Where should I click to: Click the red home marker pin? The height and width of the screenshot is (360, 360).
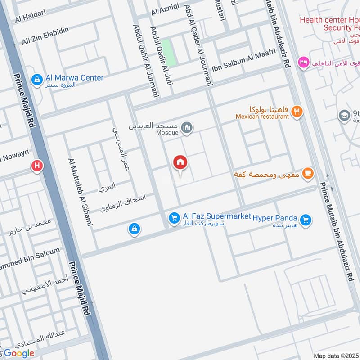pos(180,163)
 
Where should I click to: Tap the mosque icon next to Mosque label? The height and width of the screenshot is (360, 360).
pos(187,129)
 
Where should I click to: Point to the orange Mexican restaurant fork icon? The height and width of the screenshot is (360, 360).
pos(297,111)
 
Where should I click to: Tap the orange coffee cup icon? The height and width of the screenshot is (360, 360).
pos(307,173)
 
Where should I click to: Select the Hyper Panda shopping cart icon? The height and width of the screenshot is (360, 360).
pos(306,220)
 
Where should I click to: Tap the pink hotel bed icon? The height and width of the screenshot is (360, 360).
pos(303,62)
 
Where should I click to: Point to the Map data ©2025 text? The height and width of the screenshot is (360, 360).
pos(335,355)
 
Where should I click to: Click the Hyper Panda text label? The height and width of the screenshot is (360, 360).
pos(275,218)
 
